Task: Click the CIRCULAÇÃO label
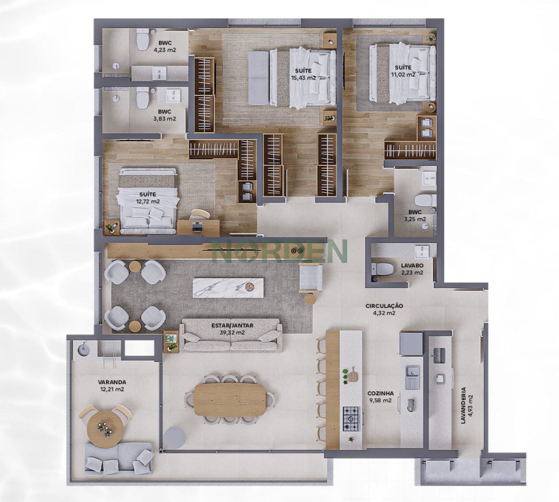[x=384, y=306]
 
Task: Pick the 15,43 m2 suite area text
[x=303, y=78]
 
